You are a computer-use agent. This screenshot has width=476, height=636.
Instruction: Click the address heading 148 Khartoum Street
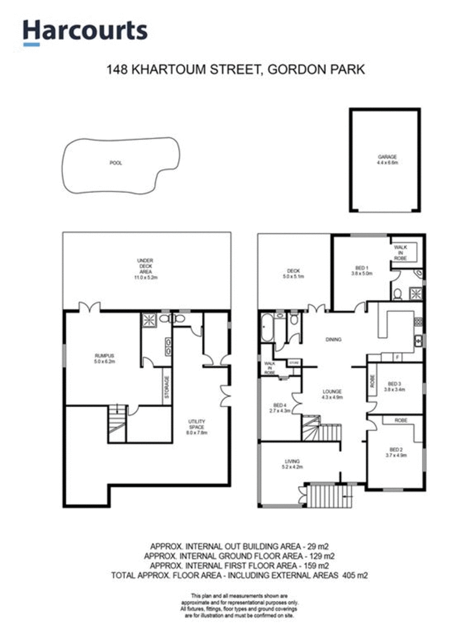(x=236, y=70)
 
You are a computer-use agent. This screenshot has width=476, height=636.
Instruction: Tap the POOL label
(x=115, y=163)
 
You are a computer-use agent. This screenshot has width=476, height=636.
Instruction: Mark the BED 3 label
(x=396, y=387)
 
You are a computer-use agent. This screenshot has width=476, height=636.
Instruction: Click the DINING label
(x=333, y=339)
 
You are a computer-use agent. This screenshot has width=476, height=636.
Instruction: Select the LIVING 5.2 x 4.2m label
(x=293, y=464)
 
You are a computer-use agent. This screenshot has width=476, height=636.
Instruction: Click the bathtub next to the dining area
(x=266, y=328)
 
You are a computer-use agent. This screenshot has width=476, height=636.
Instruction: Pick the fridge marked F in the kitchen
(x=397, y=357)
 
